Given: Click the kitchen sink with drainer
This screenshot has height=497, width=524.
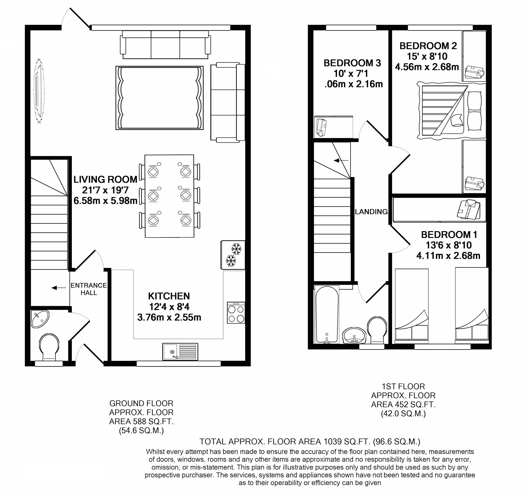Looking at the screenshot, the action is pos(180,352).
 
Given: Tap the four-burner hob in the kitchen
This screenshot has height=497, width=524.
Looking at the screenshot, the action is pos(236,313).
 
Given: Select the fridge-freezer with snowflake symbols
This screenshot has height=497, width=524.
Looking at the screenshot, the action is pos(233,255).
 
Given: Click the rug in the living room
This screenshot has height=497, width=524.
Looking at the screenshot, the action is pos(159,98).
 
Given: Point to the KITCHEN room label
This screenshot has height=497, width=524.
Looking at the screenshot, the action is pos(169,296).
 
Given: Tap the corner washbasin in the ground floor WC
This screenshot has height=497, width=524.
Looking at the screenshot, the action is pos(40,319).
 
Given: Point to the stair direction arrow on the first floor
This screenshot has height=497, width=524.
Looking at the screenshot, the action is pos(341,160).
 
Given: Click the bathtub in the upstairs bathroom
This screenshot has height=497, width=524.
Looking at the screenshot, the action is pos(327,314).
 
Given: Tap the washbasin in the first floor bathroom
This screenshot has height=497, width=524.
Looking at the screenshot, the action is pos(354,335).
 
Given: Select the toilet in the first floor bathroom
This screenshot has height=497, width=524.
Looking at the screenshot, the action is pos(377,330).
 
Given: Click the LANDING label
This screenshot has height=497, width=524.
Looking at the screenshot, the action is pos(371,212).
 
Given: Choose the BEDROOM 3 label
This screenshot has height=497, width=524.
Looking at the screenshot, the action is pos(352,63).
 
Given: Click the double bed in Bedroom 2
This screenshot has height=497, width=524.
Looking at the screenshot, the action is pos(451,111).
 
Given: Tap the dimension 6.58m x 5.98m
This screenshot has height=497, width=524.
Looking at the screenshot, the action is pos(105,201).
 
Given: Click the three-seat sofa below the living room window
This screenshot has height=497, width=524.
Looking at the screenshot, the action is pos(165,45).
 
